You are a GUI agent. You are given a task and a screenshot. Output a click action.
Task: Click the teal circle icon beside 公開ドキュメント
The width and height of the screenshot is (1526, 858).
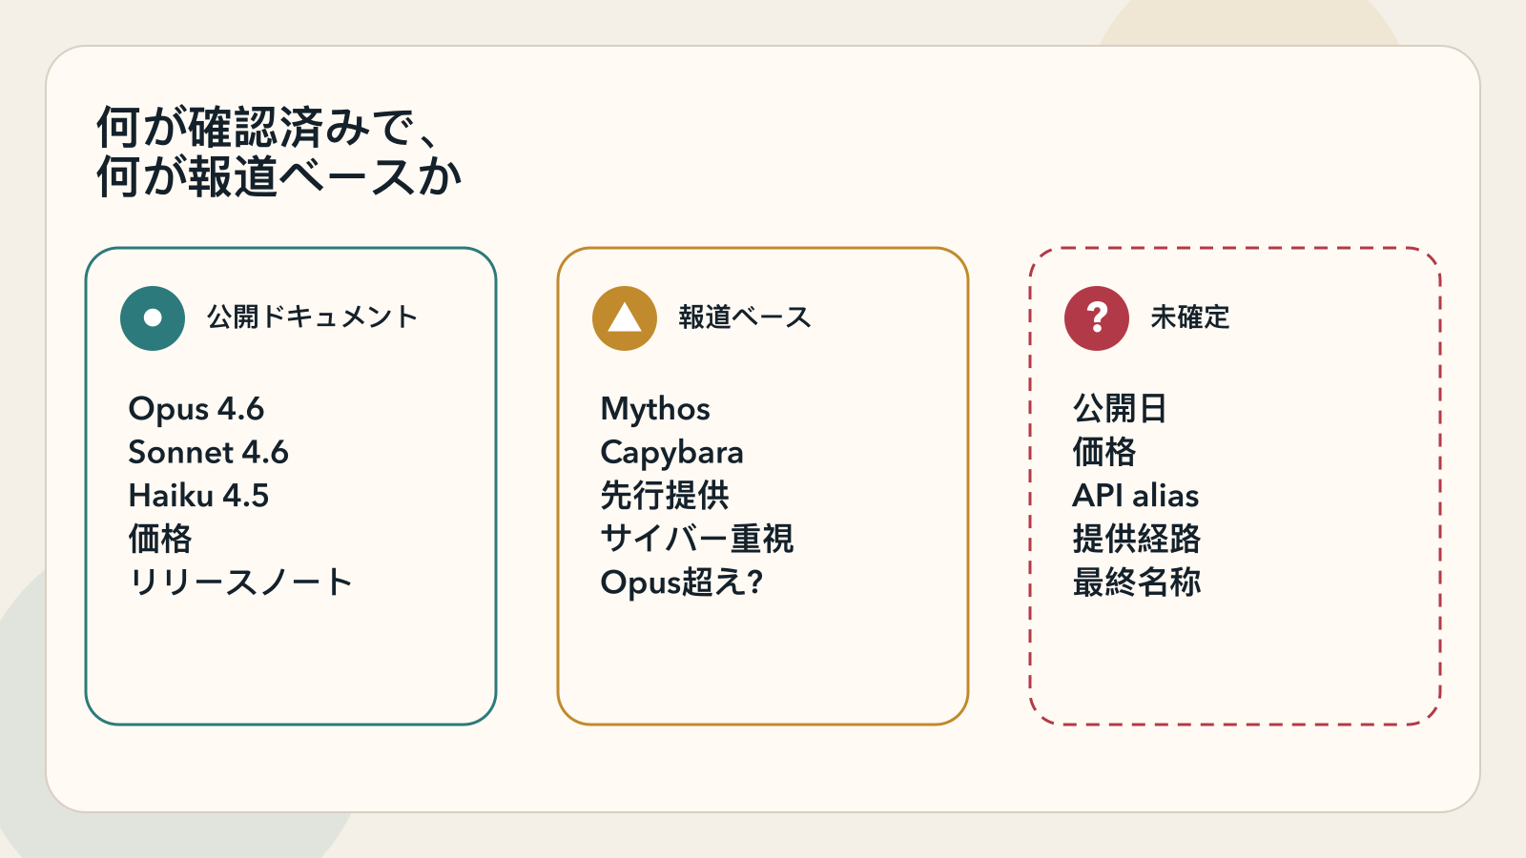click(153, 318)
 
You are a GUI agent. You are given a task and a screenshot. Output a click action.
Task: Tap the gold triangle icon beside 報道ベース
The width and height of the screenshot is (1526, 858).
click(625, 318)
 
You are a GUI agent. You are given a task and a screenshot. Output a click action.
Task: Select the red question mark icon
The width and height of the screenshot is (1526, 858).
click(1097, 318)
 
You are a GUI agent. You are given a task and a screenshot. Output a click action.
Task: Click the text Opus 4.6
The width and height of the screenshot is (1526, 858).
click(196, 409)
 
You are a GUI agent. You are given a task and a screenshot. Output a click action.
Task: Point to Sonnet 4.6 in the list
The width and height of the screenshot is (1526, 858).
click(208, 452)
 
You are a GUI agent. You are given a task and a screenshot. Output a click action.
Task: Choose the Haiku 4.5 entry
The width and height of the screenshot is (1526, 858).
click(198, 496)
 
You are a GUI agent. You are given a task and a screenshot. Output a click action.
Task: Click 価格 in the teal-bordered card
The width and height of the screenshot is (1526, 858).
click(160, 539)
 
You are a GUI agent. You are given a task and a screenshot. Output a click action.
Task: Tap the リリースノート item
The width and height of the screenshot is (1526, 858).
click(240, 582)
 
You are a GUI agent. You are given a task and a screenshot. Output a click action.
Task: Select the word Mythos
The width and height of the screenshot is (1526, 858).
click(655, 409)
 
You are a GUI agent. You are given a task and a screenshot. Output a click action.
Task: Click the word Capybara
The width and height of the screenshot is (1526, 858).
click(671, 453)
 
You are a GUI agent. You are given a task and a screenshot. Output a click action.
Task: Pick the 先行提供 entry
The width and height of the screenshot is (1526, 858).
click(665, 496)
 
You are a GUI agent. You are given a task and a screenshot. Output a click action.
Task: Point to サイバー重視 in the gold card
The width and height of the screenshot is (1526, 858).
click(696, 539)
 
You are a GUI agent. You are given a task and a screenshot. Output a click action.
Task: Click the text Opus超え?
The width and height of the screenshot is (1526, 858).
click(682, 582)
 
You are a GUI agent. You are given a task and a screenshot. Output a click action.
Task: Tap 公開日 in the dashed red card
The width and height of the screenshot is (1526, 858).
click(1120, 409)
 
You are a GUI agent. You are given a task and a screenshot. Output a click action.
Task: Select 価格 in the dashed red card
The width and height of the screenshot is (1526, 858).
click(1104, 452)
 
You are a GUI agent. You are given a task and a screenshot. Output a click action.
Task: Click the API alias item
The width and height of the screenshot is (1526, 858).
click(1135, 496)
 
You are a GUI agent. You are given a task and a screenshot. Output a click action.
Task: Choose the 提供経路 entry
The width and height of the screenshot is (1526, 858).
click(1136, 539)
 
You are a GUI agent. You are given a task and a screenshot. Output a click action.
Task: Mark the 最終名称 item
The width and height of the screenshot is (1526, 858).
click(1136, 582)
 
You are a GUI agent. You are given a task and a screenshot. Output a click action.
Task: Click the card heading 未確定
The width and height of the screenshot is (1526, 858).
click(1190, 317)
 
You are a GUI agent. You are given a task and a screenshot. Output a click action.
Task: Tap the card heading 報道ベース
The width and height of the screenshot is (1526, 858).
click(745, 317)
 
